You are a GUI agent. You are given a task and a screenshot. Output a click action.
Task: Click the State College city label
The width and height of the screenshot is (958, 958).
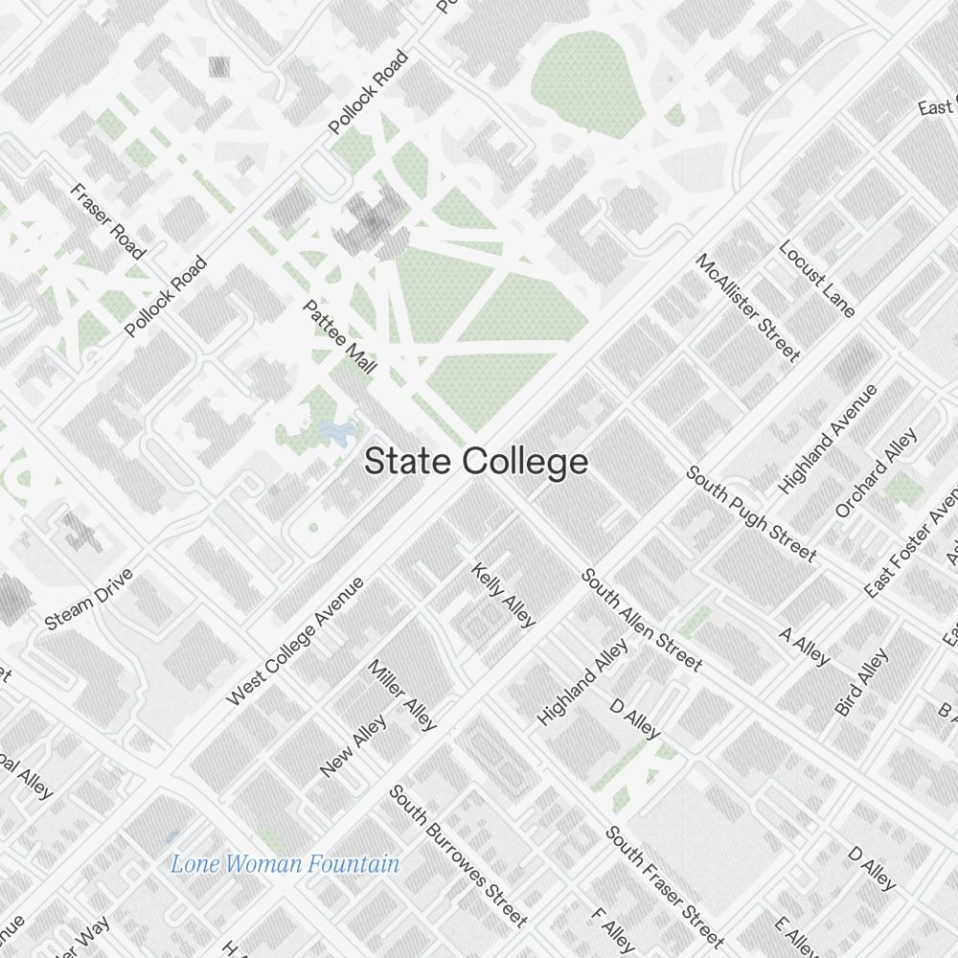point(476,462)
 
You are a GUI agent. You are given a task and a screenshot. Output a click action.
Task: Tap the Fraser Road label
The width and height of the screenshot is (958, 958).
point(107,221)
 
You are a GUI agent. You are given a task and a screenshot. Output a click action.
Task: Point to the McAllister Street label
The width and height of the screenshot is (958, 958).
point(747,308)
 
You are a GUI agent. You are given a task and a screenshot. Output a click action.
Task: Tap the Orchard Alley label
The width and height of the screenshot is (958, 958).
point(877,472)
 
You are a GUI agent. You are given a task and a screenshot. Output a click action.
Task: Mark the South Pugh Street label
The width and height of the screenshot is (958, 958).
point(751,513)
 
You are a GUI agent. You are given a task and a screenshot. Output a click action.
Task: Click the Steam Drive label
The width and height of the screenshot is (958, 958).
point(89,600)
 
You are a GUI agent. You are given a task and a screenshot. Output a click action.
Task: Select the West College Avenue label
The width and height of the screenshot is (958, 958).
point(295,641)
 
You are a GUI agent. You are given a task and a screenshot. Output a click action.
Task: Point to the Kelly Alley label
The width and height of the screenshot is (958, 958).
point(503,595)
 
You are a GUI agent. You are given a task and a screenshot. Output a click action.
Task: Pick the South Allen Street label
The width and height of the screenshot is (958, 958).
point(642,620)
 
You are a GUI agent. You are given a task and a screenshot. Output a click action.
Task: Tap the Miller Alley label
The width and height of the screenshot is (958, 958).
point(402,695)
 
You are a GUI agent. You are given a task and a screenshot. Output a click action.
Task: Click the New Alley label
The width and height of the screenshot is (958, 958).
point(354,745)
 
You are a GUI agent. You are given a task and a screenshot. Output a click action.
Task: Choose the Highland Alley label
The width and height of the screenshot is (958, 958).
point(583,681)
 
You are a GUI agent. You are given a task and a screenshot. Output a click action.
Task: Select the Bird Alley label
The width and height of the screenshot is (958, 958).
point(861,682)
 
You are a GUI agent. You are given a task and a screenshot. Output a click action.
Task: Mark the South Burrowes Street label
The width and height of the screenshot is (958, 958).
point(458,855)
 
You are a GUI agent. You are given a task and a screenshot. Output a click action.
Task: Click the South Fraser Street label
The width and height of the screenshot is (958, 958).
point(665,887)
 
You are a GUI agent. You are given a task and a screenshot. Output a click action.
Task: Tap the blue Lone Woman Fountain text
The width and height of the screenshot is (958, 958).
point(285,864)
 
